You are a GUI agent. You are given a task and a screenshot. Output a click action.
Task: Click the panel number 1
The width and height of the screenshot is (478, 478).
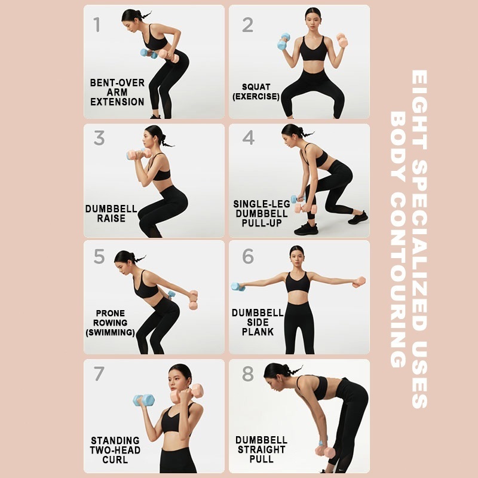point(97,24)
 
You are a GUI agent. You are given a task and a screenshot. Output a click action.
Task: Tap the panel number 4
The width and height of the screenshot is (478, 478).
point(249,137)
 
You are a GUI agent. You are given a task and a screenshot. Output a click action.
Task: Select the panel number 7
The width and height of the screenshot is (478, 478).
point(99,373)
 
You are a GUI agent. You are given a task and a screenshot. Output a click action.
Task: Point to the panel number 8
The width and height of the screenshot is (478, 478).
point(248,374)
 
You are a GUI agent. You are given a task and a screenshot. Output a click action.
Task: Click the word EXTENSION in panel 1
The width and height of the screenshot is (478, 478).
point(117,102)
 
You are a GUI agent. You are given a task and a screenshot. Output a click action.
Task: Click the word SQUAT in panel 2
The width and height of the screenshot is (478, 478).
point(256,87)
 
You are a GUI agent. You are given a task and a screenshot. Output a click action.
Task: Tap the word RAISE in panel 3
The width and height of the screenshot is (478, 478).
point(111,218)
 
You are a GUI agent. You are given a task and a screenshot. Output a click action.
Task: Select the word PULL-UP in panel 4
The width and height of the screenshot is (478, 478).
point(262,223)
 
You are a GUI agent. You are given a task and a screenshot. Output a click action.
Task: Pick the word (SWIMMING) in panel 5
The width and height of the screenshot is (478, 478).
point(111,332)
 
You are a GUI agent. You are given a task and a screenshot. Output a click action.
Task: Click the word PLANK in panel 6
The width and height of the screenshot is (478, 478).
point(258,332)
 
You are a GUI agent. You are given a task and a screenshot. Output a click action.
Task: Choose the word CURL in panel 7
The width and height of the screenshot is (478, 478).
point(115,459)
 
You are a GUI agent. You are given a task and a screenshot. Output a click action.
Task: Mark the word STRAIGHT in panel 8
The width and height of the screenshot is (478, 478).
point(262,449)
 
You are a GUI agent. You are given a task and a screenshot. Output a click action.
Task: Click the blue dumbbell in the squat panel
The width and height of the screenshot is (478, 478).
point(283,42)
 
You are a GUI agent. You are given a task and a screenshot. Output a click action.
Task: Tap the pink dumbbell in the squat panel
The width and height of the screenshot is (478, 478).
point(342,40)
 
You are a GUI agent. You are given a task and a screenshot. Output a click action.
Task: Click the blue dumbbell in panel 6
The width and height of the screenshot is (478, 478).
point(238,287)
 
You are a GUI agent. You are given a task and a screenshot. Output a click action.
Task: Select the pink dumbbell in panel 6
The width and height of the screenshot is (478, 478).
point(360,282)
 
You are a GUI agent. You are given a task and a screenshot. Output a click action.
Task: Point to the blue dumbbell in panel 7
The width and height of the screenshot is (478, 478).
point(143,400)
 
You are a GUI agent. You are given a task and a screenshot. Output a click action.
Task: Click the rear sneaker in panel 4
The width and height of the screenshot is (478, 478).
point(358,217)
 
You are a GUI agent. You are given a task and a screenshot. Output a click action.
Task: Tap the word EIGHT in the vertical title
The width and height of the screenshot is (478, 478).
point(419,98)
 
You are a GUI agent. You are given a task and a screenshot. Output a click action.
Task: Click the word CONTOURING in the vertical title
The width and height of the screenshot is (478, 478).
point(398,280)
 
